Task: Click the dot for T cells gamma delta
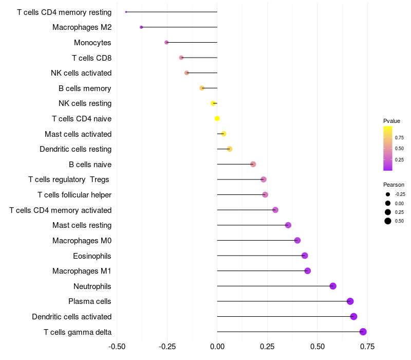coord(363,332)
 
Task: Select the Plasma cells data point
coord(350,301)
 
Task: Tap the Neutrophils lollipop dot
coord(333,286)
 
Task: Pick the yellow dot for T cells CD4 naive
coord(217,119)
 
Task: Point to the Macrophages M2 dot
coord(141,27)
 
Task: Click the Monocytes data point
coord(166,42)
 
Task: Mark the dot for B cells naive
coord(253,164)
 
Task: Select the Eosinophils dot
coord(305,256)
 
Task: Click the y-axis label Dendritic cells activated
coord(71,317)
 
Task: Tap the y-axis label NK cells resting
coord(85,103)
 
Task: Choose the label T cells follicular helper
coord(74,195)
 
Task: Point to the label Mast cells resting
coord(82,225)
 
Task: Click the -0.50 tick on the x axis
coord(117,347)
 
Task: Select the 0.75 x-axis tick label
coord(367,347)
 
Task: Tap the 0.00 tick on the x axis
coord(217,347)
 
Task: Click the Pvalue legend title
coord(391,121)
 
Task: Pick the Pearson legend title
coord(394,185)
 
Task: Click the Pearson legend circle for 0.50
coord(387,221)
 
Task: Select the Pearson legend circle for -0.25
coord(387,194)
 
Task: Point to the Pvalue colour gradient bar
coord(388,148)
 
